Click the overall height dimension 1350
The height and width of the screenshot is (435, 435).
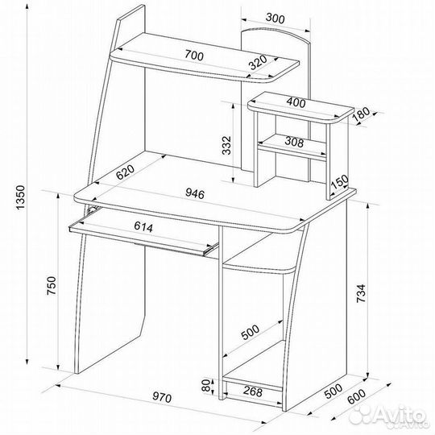click(x=22, y=197)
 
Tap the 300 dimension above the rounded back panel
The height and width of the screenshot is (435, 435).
click(x=275, y=19)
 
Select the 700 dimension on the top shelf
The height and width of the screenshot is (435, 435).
click(x=194, y=56)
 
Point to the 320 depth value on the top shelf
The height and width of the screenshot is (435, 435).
click(x=258, y=63)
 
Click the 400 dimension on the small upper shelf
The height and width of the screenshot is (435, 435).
click(x=296, y=102)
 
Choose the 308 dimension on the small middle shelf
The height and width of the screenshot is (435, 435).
click(x=294, y=143)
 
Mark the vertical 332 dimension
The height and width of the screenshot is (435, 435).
click(x=226, y=145)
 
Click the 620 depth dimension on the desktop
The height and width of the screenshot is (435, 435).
click(x=125, y=172)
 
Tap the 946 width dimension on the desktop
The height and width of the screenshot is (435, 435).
click(x=194, y=193)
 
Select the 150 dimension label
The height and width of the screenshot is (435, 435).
click(x=339, y=182)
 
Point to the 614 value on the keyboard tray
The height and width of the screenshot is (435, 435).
click(x=143, y=226)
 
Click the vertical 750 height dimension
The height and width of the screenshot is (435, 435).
click(x=52, y=285)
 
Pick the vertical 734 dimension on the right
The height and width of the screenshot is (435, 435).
click(x=361, y=293)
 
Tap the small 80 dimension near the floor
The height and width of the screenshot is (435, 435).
click(x=206, y=386)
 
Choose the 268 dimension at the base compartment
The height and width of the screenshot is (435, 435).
click(x=252, y=391)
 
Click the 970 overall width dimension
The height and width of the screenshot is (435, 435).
click(x=162, y=398)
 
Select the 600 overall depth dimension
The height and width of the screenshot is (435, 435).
click(x=357, y=397)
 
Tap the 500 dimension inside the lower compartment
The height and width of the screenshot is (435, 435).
click(x=250, y=332)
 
